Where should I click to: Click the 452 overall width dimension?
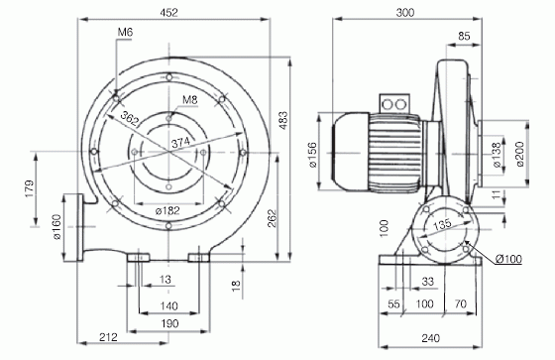(x=168, y=13)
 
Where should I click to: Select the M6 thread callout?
(x=125, y=33)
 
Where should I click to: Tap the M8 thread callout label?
(x=189, y=100)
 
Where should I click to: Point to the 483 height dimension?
(x=282, y=120)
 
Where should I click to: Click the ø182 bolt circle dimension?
(x=168, y=211)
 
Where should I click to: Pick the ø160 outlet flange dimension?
(x=57, y=227)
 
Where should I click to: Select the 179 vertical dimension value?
(x=30, y=188)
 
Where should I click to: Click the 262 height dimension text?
(x=272, y=218)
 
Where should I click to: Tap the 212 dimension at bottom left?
(x=108, y=337)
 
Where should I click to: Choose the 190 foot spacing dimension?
(x=169, y=323)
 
